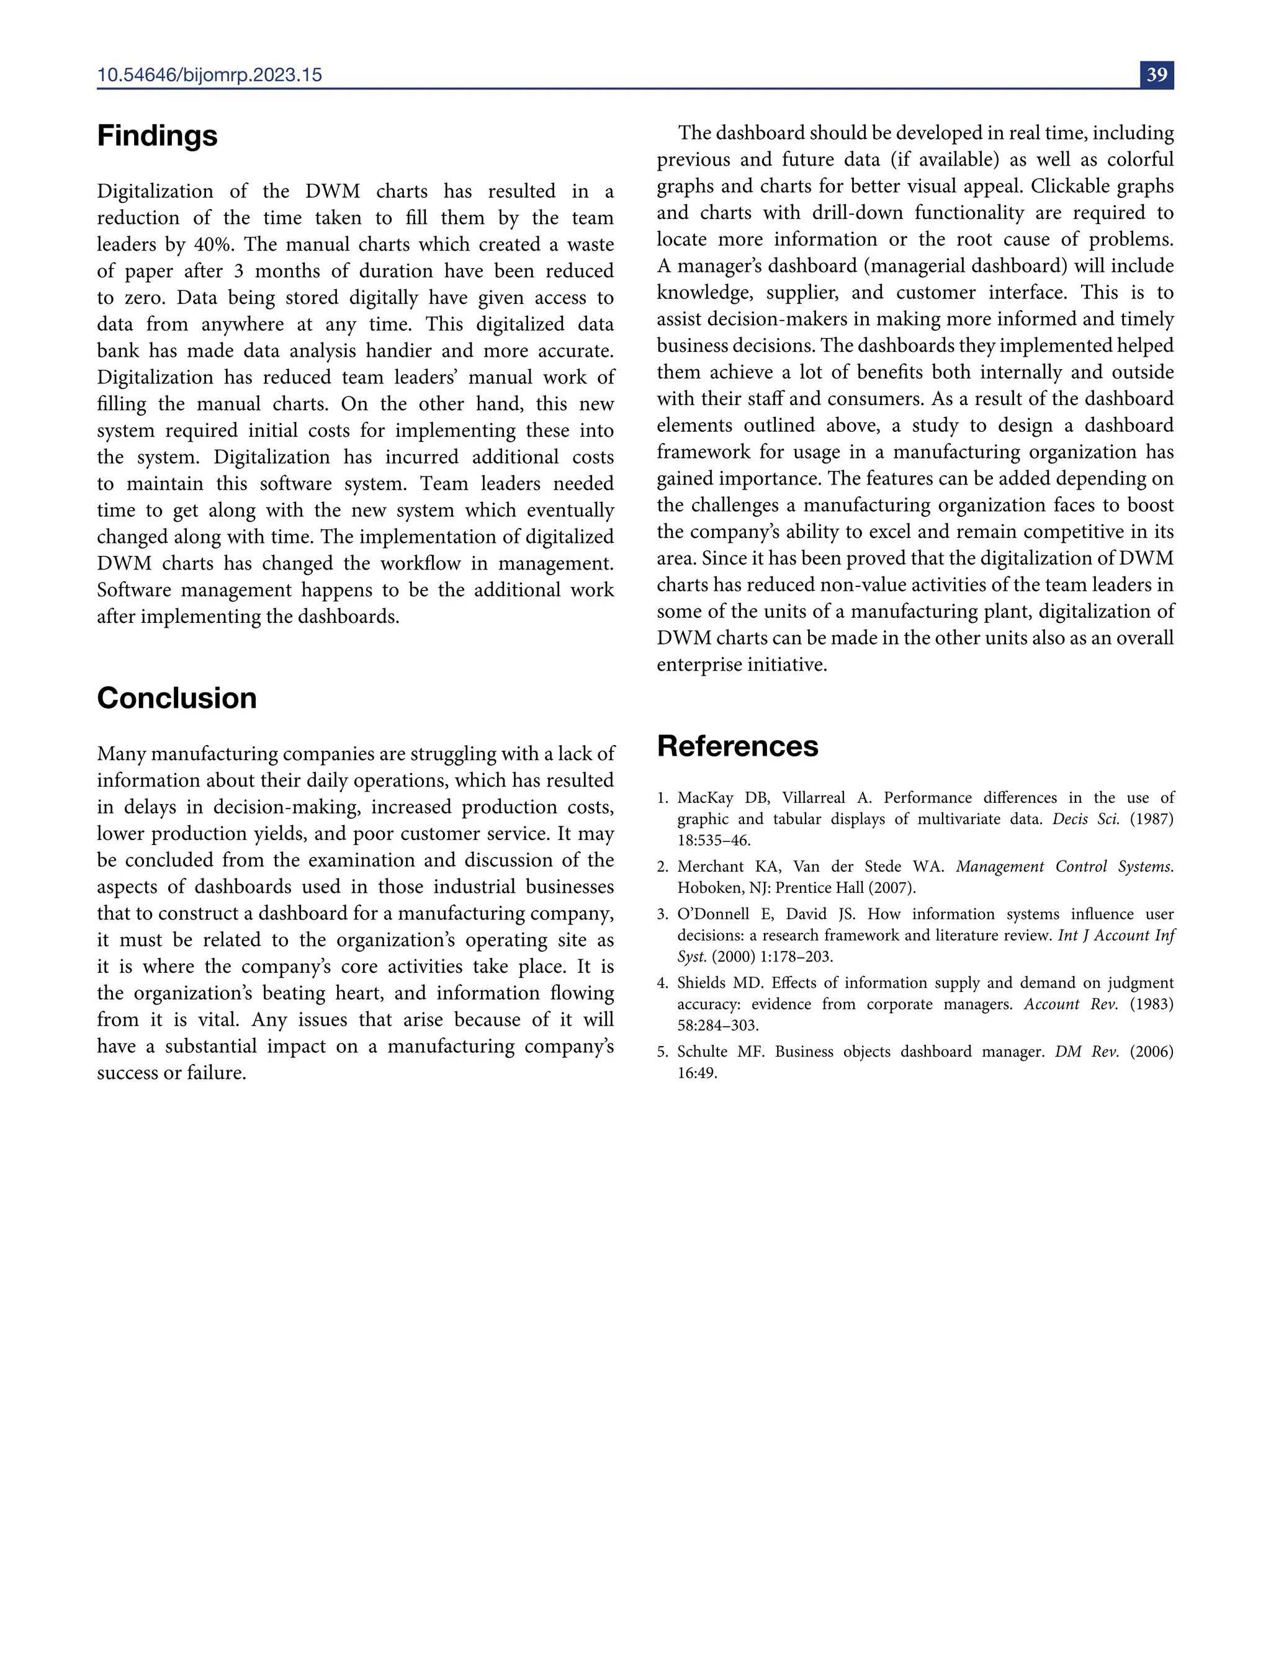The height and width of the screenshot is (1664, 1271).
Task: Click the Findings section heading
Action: [158, 136]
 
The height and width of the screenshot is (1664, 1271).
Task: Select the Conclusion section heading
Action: [176, 698]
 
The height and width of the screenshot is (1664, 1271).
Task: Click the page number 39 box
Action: [1156, 75]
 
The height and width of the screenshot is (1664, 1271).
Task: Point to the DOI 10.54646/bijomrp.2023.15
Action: [210, 75]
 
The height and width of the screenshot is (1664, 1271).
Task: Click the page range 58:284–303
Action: [717, 1026]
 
